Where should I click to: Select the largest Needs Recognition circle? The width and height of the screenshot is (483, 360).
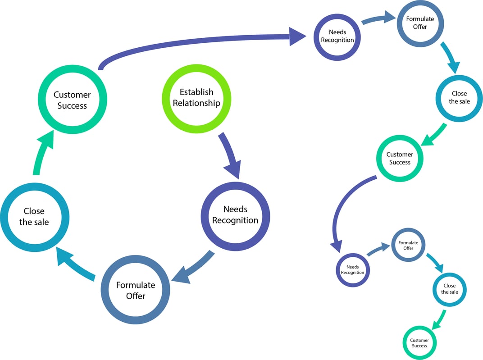click(235, 215)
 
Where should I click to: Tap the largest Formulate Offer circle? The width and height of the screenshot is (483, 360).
click(135, 290)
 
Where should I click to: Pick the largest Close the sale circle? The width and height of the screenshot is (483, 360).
click(34, 216)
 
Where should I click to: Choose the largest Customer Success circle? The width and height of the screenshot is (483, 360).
click(72, 100)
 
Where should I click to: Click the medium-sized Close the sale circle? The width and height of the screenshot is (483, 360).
click(459, 98)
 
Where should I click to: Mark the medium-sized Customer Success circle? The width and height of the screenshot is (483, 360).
click(400, 159)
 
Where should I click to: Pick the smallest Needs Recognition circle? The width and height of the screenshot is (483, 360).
click(352, 270)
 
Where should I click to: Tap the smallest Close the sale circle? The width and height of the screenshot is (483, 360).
click(449, 289)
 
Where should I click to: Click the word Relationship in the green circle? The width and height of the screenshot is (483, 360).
click(196, 103)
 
